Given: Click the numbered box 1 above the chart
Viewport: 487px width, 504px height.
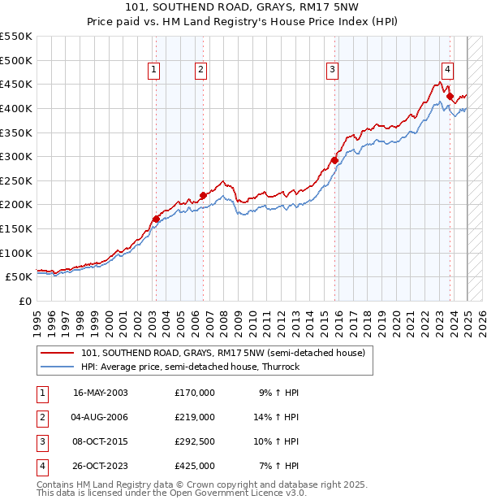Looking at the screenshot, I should click(153, 71).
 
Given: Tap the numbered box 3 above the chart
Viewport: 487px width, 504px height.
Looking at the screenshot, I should click(333, 71).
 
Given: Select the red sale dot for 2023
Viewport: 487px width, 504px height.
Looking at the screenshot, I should click(450, 96).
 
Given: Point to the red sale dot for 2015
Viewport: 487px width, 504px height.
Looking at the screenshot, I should click(334, 160).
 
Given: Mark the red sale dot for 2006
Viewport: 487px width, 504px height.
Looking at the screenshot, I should click(203, 195).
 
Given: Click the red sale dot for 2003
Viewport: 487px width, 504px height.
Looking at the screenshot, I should click(156, 219).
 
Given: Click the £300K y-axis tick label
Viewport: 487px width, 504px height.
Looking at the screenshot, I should click(16, 156).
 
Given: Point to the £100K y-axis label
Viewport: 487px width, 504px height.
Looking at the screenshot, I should click(16, 253).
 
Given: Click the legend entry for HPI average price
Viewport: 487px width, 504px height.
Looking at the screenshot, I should click(191, 367).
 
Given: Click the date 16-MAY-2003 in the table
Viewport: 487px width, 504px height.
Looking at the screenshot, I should click(101, 393).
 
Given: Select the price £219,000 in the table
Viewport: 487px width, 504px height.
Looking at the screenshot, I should click(195, 417).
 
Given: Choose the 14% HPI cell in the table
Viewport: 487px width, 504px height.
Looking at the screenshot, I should click(279, 417).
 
